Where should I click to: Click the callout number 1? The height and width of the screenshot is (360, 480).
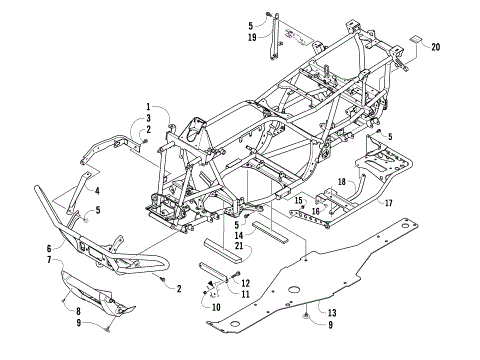(x=147, y=107)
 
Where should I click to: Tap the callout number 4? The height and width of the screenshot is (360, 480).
(x=98, y=189)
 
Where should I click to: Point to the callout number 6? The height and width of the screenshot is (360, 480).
(x=47, y=248)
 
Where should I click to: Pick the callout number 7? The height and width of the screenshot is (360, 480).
(x=47, y=260)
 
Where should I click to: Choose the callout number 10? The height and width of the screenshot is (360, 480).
(x=216, y=307)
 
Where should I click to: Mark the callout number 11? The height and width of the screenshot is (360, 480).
(x=245, y=294)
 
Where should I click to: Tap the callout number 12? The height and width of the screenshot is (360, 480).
(x=245, y=283)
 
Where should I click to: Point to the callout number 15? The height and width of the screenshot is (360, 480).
(x=297, y=201)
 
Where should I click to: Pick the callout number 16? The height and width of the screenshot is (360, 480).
(x=315, y=211)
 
